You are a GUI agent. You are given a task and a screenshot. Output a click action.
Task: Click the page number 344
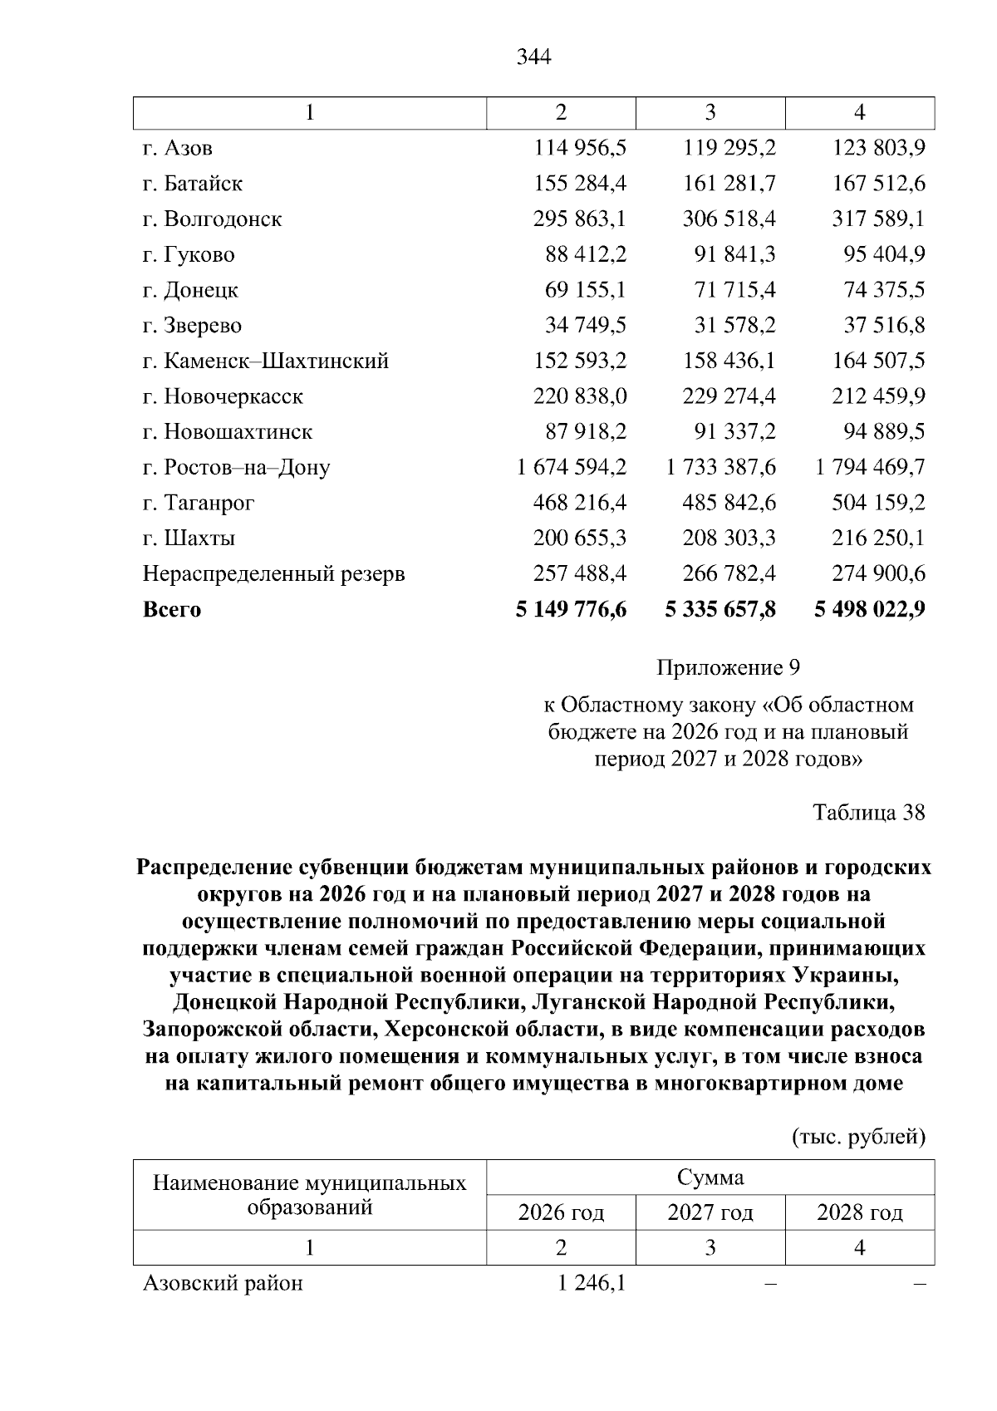[533, 57]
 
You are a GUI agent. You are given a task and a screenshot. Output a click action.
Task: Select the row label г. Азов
[178, 148]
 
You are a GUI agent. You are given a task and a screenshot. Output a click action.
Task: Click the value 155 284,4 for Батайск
[580, 184]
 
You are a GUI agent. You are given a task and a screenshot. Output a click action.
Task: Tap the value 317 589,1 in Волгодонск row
[878, 219]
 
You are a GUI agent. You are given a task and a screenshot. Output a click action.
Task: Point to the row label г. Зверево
[192, 326]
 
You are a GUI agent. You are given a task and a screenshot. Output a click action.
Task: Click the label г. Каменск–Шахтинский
[266, 361]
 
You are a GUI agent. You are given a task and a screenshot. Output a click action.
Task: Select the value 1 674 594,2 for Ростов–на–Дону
[571, 468]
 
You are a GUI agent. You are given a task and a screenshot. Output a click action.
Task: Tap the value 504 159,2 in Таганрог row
[878, 504]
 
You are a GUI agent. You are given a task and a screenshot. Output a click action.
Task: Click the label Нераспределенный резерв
[274, 574]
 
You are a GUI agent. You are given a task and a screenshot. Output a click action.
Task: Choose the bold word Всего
[172, 610]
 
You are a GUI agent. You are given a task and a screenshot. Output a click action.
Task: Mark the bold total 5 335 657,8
[720, 610]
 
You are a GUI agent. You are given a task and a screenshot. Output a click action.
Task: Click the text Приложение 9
[728, 668]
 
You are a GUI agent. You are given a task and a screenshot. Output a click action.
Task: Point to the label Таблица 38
[868, 812]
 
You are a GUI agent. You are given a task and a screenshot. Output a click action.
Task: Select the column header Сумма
[710, 1177]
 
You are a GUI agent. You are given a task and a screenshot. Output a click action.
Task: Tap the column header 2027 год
[710, 1213]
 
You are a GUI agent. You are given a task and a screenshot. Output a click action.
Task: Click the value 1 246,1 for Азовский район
[592, 1284]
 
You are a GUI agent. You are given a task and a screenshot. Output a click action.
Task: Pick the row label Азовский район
[223, 1284]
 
